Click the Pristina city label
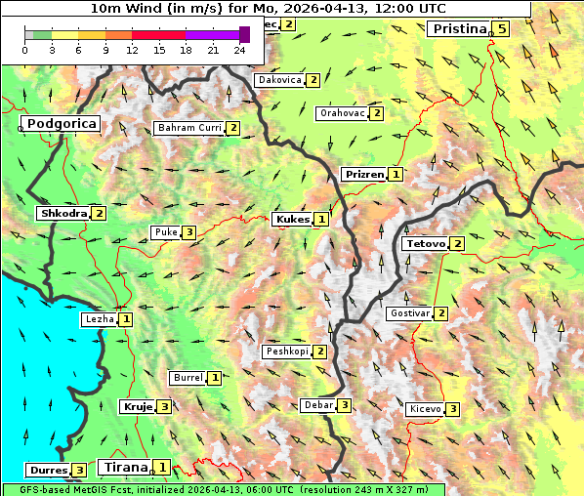point(458,29)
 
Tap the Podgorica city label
point(61,124)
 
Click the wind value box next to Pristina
point(501,29)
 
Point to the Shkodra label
point(63,213)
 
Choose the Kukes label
point(292,220)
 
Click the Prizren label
point(363,175)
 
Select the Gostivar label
point(409,313)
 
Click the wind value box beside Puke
point(188,232)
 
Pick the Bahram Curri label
point(189,128)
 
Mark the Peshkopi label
point(286,351)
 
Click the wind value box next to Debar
point(344,405)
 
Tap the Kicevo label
point(425,409)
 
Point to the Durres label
point(47,471)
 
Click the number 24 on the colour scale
point(240,50)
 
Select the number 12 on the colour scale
point(132,50)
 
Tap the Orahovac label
point(342,113)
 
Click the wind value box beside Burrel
point(214,378)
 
